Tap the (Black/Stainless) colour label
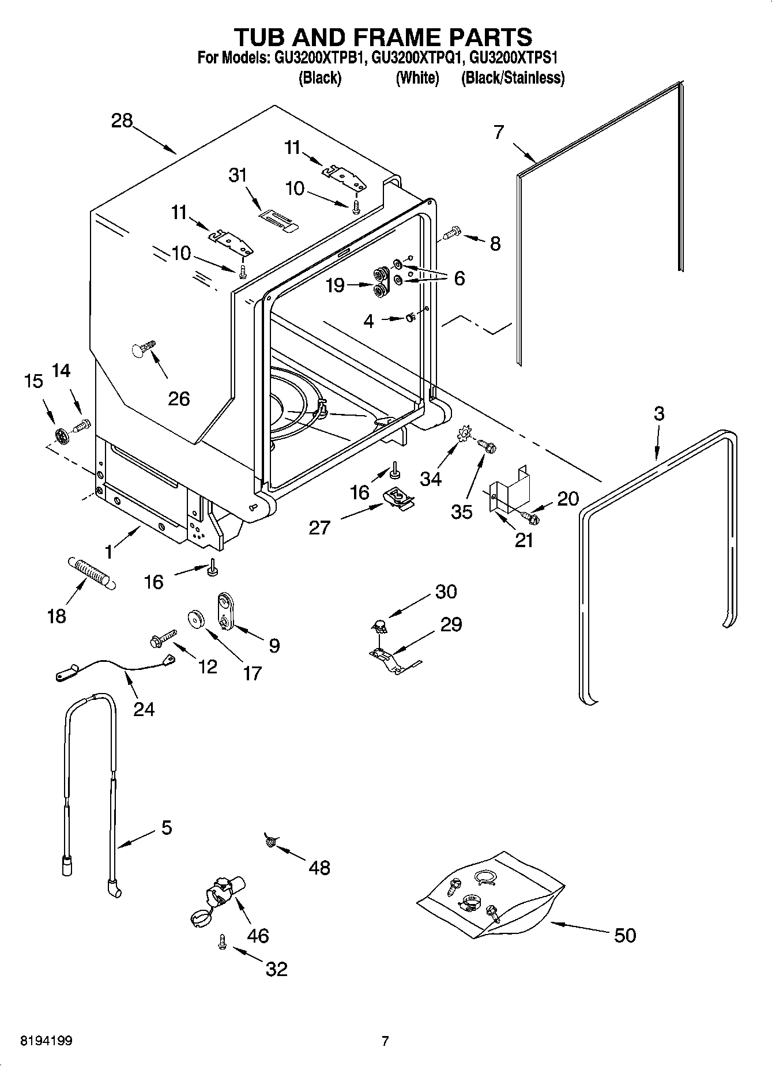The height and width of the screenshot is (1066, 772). [512, 78]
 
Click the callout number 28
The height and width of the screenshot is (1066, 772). [122, 121]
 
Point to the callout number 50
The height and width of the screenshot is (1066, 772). [625, 935]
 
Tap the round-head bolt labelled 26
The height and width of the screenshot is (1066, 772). [143, 348]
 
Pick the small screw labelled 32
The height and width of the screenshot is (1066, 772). [222, 942]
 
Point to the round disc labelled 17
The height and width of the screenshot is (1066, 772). [197, 620]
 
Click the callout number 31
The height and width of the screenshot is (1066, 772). [238, 175]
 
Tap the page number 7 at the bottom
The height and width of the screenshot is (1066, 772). [385, 1041]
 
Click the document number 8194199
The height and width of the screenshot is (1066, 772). [46, 1041]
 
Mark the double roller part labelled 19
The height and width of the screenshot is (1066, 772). [380, 282]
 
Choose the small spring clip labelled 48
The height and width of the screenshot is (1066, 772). [269, 841]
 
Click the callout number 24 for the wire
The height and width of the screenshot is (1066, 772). [144, 709]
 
